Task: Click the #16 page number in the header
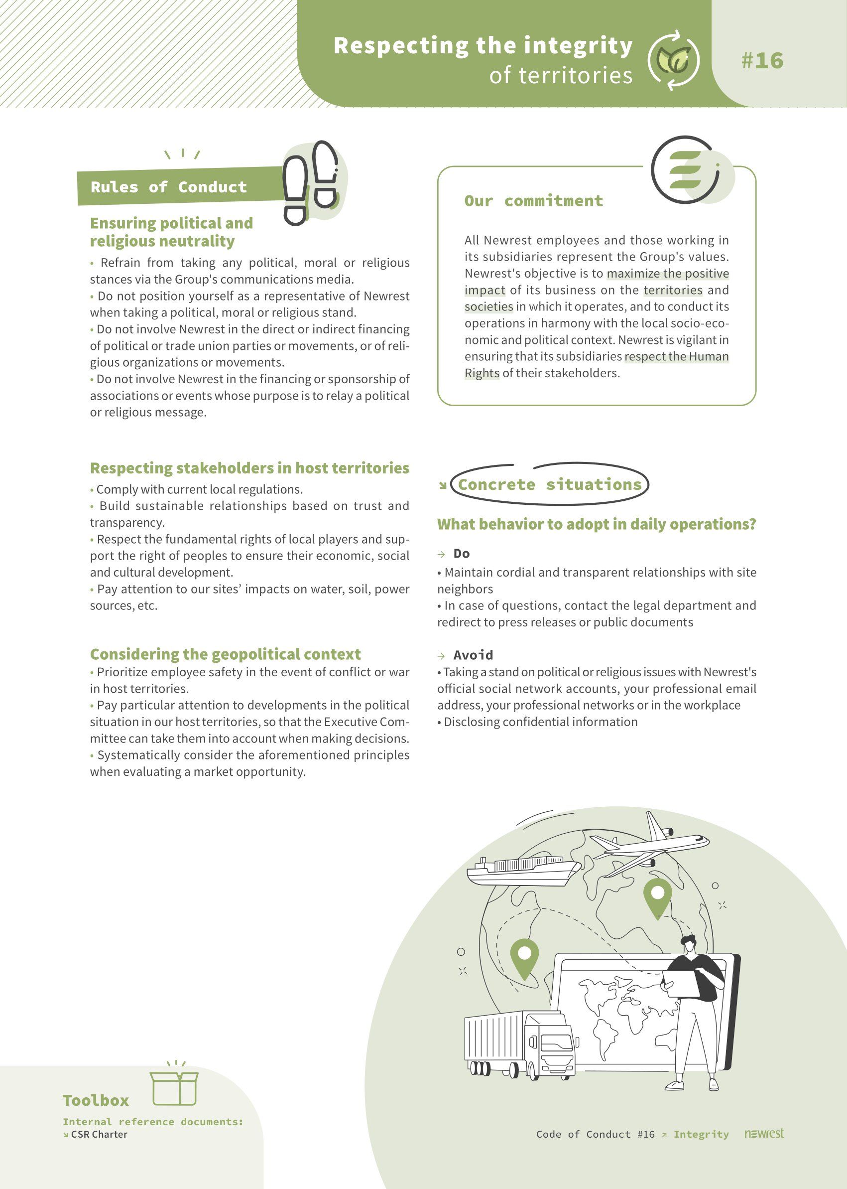pyautogui.click(x=762, y=60)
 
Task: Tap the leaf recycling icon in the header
pyautogui.click(x=673, y=59)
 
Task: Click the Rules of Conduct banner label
pyautogui.click(x=168, y=187)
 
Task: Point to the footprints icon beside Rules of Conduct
pyautogui.click(x=311, y=183)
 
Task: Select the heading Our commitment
pyautogui.click(x=534, y=200)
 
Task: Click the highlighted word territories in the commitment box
pyautogui.click(x=673, y=290)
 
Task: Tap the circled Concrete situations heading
pyautogui.click(x=549, y=484)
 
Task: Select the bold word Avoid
pyautogui.click(x=473, y=655)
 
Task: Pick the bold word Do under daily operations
pyautogui.click(x=462, y=553)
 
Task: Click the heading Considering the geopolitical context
pyautogui.click(x=225, y=654)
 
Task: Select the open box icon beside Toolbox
pyautogui.click(x=174, y=1088)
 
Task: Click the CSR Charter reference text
pyautogui.click(x=99, y=1134)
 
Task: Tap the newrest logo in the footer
pyautogui.click(x=763, y=1133)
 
